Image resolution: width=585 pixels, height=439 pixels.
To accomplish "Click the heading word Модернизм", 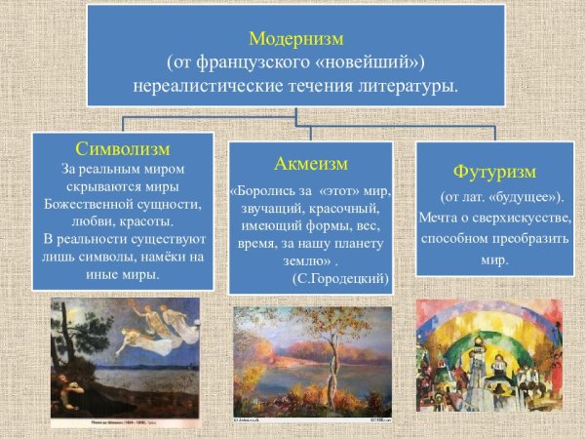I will click(295, 40).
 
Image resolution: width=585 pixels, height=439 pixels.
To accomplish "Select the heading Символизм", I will click(122, 149).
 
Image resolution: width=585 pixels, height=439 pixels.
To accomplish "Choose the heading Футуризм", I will click(495, 172).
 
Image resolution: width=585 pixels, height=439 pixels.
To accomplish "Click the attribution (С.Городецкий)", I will click(340, 279).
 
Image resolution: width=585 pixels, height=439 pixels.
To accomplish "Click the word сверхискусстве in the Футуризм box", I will click(522, 218).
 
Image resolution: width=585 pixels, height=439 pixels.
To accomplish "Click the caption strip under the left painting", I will click(126, 424).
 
